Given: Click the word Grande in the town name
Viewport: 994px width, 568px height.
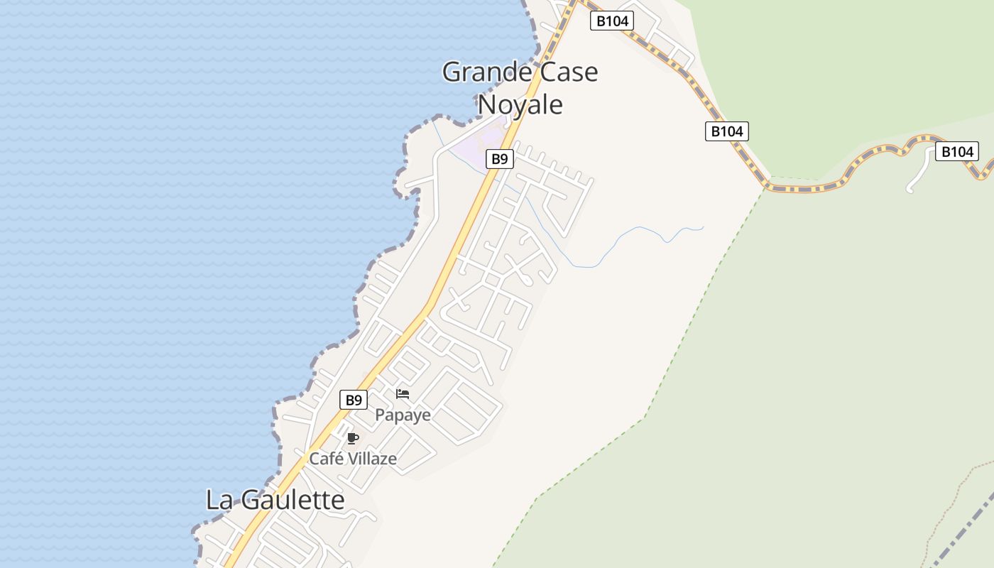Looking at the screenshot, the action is pyautogui.click(x=486, y=72).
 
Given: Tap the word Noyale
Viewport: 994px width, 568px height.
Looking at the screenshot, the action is pyautogui.click(x=520, y=104).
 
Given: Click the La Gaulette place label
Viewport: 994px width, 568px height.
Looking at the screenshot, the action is pyautogui.click(x=275, y=500).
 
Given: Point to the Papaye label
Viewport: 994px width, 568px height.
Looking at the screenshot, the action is pyautogui.click(x=403, y=415).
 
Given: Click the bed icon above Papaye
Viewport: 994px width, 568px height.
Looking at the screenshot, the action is pyautogui.click(x=403, y=393).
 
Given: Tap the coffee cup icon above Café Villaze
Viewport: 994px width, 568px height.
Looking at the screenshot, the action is pyautogui.click(x=352, y=438).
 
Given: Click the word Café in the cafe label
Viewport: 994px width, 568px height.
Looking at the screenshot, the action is pyautogui.click(x=325, y=459).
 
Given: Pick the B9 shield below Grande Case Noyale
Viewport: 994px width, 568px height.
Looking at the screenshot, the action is pyautogui.click(x=500, y=159).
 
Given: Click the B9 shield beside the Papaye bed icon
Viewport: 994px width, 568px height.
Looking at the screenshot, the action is pyautogui.click(x=354, y=400).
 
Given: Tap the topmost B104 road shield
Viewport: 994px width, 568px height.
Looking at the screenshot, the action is pyautogui.click(x=612, y=21).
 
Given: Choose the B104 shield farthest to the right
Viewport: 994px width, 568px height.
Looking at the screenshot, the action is pyautogui.click(x=956, y=151).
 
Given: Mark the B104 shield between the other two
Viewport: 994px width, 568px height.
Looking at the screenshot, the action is pyautogui.click(x=727, y=131).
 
